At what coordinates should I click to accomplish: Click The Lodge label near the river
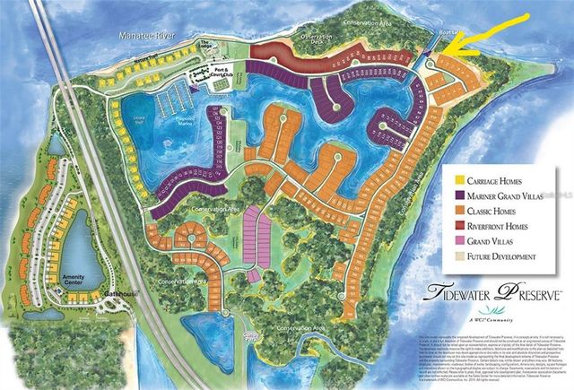(208, 45)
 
